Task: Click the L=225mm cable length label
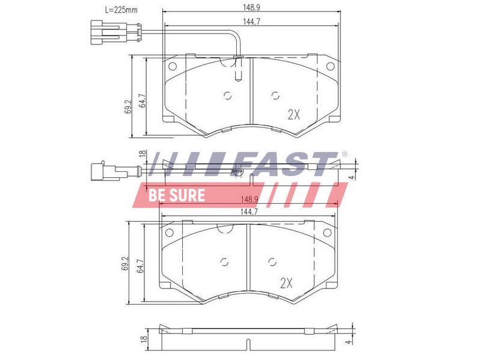click(x=121, y=10)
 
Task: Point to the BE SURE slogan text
click(x=177, y=195)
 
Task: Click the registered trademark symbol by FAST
click(x=345, y=154)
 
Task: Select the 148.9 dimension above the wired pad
click(x=251, y=7)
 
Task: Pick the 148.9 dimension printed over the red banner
click(x=250, y=200)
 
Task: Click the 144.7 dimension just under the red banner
click(x=249, y=212)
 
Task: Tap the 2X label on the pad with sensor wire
click(x=293, y=115)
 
